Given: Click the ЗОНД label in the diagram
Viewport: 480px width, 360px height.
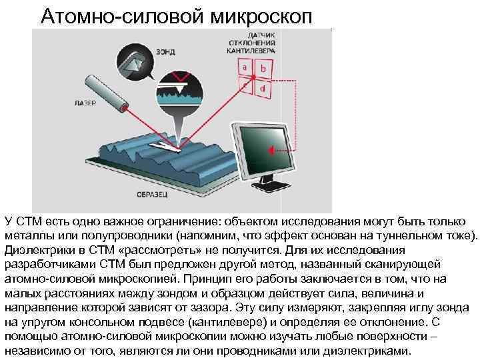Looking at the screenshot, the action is tap(166, 51).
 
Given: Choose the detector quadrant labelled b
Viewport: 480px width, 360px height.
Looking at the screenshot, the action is tap(264, 69).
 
